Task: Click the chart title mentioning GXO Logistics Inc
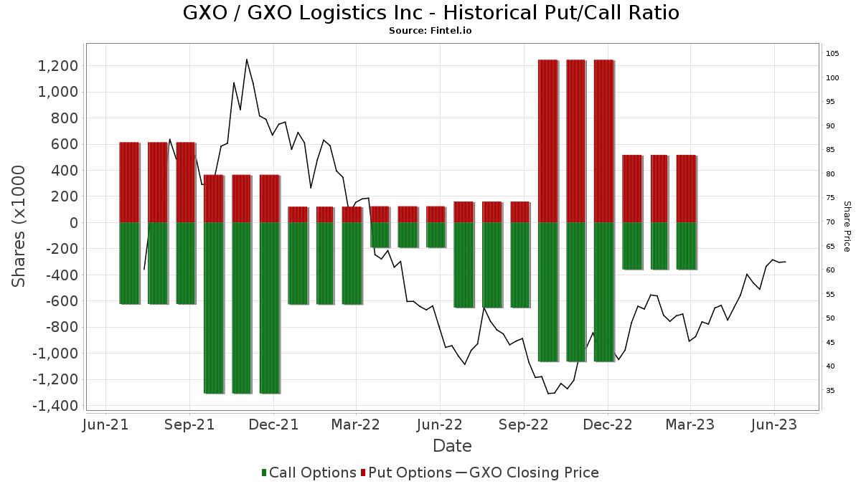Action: [430, 13]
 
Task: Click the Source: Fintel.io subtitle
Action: [430, 31]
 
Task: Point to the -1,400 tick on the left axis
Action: [55, 406]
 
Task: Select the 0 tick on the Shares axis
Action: [73, 223]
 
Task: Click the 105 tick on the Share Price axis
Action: [833, 54]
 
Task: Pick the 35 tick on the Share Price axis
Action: [831, 391]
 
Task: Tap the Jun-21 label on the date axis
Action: [106, 424]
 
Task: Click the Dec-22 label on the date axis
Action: [607, 424]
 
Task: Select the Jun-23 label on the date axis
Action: [774, 424]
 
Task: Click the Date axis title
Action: [452, 446]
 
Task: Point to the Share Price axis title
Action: [847, 226]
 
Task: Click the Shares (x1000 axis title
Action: [19, 226]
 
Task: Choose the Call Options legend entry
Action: [309, 473]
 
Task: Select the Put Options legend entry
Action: [406, 473]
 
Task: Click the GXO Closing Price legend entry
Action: [527, 473]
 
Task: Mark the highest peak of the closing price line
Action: [247, 60]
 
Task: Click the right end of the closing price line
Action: [786, 262]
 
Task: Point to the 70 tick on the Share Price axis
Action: [831, 222]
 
